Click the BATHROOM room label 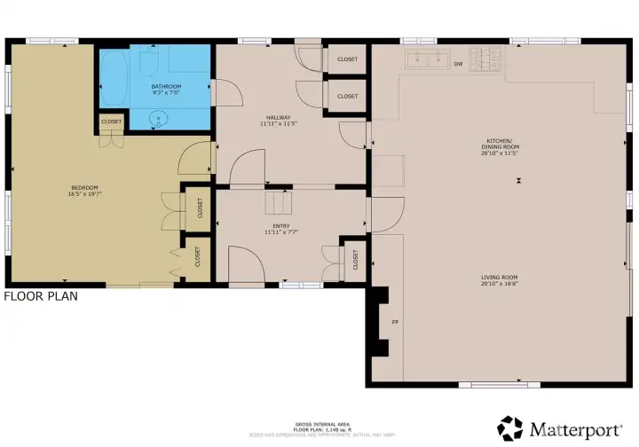pyautogui.click(x=166, y=86)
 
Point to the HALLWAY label pyautogui.click(x=277, y=116)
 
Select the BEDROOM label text pyautogui.click(x=84, y=187)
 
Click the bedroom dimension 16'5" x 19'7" pyautogui.click(x=84, y=193)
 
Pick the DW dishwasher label pyautogui.click(x=459, y=64)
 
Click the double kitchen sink pyautogui.click(x=427, y=60)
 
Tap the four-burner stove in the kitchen pyautogui.click(x=485, y=59)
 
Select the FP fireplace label pyautogui.click(x=395, y=322)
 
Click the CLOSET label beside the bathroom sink pyautogui.click(x=111, y=122)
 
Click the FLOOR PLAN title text pyautogui.click(x=41, y=297)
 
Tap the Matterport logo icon pyautogui.click(x=509, y=428)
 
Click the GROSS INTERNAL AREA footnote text pyautogui.click(x=319, y=425)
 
